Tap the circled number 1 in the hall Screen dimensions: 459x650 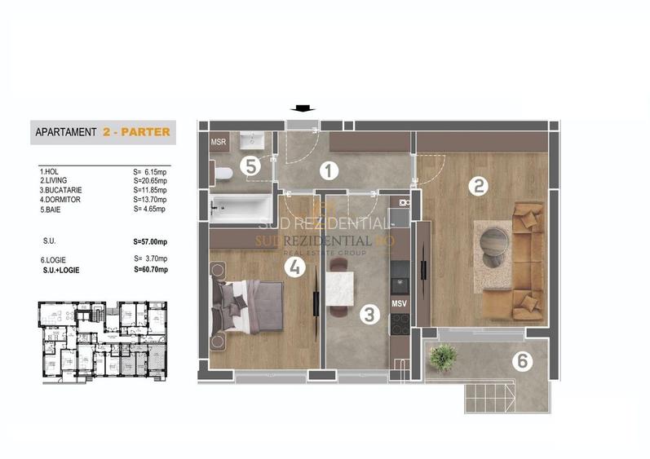coord(328,171)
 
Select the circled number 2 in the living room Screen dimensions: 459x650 coord(478,185)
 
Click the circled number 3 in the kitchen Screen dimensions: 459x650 coord(369,312)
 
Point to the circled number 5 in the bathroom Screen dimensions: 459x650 coord(250,166)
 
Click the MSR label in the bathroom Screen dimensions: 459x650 coord(219,143)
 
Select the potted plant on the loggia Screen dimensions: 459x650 coord(444,355)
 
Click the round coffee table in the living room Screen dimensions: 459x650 coord(494,244)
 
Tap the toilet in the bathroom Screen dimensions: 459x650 coord(223,172)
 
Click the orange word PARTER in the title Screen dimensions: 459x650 coord(144,131)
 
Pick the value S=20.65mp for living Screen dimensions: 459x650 coord(150,181)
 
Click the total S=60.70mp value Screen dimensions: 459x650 coord(150,269)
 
